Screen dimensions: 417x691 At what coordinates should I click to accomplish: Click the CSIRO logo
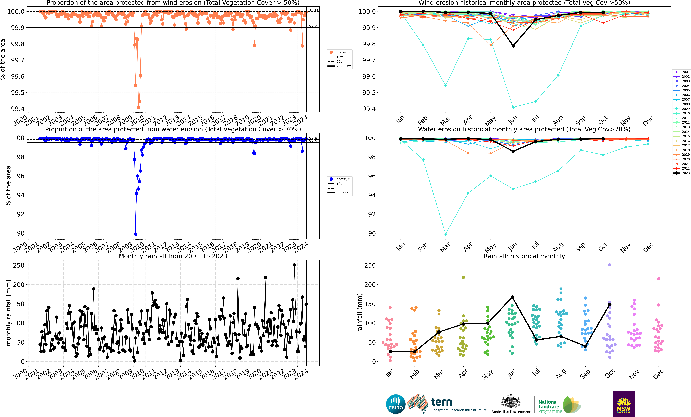[395, 404]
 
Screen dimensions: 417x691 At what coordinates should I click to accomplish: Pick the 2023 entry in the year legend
[681, 173]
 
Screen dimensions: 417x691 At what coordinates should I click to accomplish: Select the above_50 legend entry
[340, 52]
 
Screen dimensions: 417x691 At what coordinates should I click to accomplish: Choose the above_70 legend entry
[340, 179]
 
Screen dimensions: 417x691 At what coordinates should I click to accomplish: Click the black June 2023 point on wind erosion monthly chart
[513, 46]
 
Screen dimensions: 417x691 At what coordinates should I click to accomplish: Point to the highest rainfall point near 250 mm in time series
[294, 265]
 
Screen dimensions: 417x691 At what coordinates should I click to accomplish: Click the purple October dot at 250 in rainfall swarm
[609, 265]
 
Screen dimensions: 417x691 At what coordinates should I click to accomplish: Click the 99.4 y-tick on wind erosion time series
[17, 109]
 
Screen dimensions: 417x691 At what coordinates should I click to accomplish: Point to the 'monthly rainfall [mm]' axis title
[8, 313]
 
